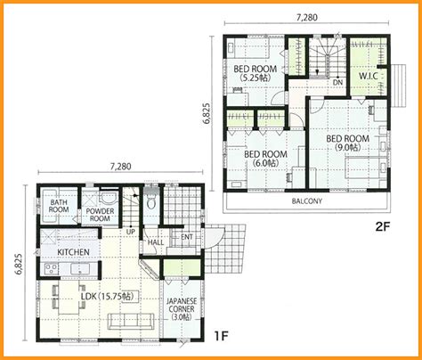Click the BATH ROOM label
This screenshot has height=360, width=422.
[x=59, y=206]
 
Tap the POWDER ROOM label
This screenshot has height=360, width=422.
[x=100, y=215]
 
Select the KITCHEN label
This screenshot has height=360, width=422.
[x=73, y=252]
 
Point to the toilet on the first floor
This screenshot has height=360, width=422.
[x=151, y=200]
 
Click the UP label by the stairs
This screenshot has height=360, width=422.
[x=130, y=232]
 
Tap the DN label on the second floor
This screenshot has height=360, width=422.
[x=337, y=82]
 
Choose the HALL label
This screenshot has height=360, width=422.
[x=156, y=242]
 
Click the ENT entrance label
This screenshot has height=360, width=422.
[x=187, y=237]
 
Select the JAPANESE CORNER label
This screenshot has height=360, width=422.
[x=182, y=309]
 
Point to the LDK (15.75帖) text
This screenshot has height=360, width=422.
[x=108, y=297]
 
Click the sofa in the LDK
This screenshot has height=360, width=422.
[x=131, y=321]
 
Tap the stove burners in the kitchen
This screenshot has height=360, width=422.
[x=51, y=269]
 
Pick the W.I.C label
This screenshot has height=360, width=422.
[x=369, y=76]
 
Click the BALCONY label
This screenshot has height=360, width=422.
[x=307, y=201]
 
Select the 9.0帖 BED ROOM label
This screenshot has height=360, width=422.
[x=348, y=143]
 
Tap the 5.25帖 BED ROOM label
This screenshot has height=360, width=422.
[x=256, y=73]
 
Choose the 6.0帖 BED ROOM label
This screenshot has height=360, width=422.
[x=265, y=159]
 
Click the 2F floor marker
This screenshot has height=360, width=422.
[x=382, y=227]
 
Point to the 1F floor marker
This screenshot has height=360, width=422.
[x=221, y=336]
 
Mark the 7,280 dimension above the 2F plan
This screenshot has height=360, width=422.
[x=307, y=18]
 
